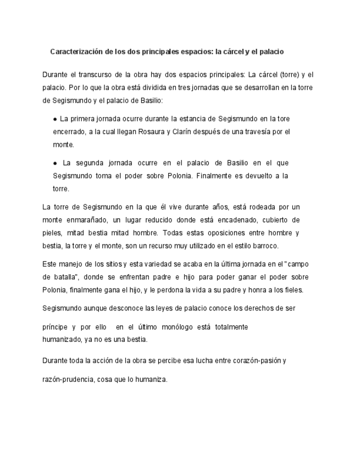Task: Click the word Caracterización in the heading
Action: (x=77, y=52)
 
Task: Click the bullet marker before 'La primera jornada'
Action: (x=56, y=119)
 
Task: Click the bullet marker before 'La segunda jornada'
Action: (x=56, y=163)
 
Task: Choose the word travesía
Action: (x=258, y=132)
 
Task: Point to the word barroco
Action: (x=265, y=246)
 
